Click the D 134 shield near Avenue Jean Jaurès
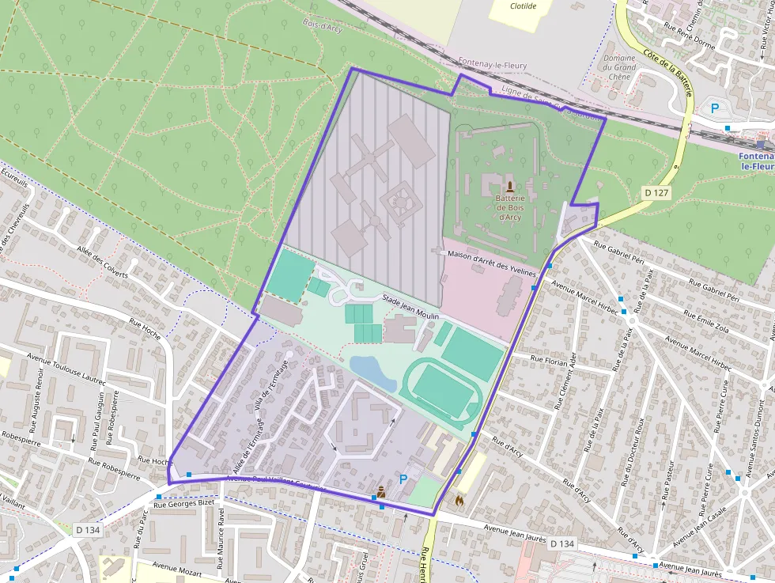[561, 543]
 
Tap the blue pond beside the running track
[372, 371]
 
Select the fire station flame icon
[459, 499]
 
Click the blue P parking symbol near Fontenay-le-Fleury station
[716, 108]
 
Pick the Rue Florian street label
[546, 361]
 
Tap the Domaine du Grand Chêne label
[619, 68]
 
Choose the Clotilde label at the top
[523, 6]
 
